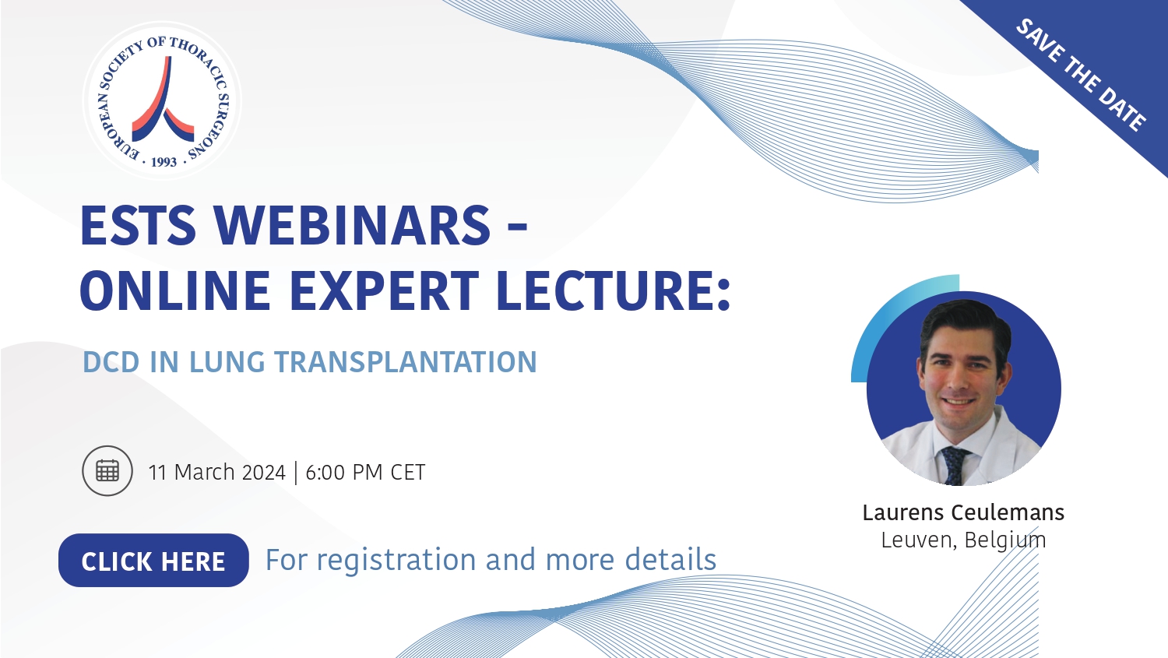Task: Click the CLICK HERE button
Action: point(153,560)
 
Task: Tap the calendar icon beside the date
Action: point(107,471)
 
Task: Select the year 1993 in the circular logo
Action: point(164,162)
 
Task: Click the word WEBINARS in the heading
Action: point(352,225)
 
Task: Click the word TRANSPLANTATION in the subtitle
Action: point(406,362)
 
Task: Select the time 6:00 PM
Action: point(343,473)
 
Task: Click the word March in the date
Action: point(204,473)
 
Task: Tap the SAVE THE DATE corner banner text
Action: point(1081,75)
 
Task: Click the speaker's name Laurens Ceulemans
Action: point(963,512)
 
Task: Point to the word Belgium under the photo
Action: point(1004,540)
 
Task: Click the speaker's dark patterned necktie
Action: point(954,465)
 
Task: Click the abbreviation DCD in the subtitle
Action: point(111,362)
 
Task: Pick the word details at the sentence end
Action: point(670,559)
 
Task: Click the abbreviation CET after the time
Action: point(408,473)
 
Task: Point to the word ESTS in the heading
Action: point(138,225)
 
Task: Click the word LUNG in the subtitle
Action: point(227,362)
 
